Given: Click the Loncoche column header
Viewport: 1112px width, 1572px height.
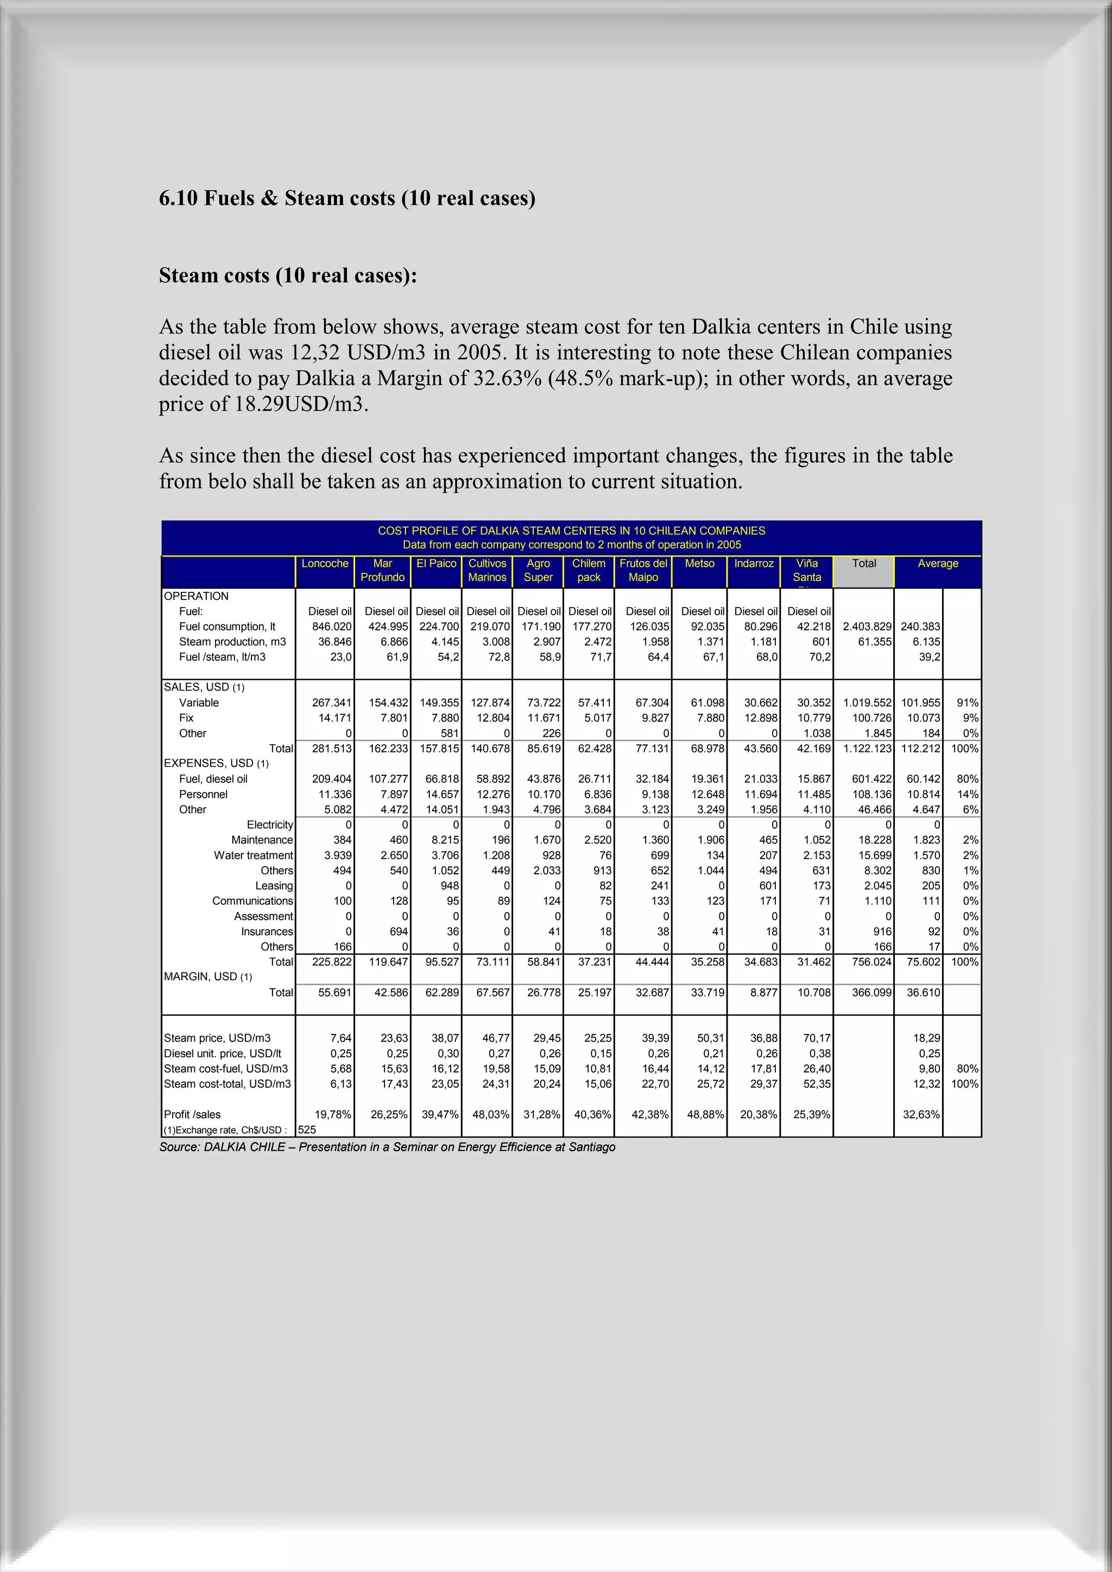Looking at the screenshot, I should [325, 564].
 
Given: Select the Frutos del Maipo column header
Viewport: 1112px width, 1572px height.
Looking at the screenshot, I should [643, 570].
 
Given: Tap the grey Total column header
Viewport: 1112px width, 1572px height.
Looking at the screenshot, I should [863, 564].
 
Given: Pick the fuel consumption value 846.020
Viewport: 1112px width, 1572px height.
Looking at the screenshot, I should [331, 627].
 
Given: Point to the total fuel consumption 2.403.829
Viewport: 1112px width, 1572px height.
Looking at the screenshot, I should [867, 627].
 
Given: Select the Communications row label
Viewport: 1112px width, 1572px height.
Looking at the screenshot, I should [252, 901].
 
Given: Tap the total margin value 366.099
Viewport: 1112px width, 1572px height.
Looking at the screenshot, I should [871, 992].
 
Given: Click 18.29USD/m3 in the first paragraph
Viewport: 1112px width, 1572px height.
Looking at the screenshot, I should [301, 404].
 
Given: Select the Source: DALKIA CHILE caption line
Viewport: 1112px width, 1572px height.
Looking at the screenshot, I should [387, 1147].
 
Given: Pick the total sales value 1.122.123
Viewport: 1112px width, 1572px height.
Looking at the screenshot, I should [867, 748].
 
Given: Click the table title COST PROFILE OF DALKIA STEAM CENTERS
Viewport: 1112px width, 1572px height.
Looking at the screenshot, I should [571, 531].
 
